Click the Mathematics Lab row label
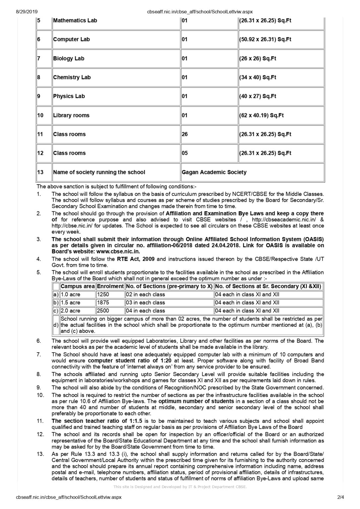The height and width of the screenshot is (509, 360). (x=75, y=21)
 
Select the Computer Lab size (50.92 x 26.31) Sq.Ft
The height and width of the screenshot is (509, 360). (x=265, y=39)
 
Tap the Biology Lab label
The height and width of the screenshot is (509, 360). (x=69, y=59)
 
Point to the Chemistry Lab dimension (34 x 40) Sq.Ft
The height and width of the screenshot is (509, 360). (x=258, y=78)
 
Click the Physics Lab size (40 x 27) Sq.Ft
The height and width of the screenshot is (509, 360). (x=258, y=96)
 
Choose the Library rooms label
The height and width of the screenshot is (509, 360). (x=71, y=115)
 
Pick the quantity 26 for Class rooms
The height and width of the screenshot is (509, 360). (x=185, y=134)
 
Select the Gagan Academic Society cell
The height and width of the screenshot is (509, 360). (x=214, y=172)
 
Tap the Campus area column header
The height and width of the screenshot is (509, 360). (x=78, y=286)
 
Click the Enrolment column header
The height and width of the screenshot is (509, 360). (x=110, y=286)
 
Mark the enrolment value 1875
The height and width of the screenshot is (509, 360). (x=103, y=303)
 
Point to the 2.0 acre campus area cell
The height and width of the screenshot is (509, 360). (x=71, y=311)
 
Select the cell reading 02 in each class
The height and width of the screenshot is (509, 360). (x=146, y=295)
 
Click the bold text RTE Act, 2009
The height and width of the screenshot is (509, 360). (x=136, y=259)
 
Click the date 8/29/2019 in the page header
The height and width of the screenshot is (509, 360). (x=27, y=12)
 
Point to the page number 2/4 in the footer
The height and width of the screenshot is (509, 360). (x=340, y=497)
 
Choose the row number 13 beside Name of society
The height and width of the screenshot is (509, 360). (x=40, y=172)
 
